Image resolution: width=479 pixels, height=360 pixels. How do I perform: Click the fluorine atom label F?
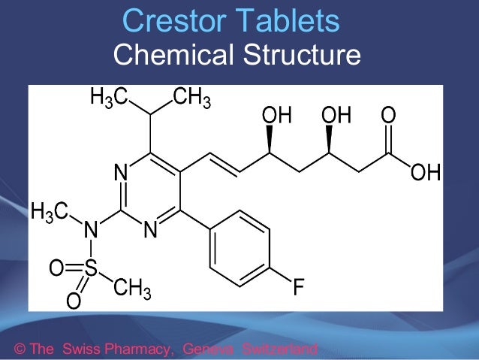click(299, 288)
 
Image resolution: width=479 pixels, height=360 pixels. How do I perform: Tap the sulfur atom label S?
click(91, 268)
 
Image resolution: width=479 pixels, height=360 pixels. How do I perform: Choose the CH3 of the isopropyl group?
click(191, 98)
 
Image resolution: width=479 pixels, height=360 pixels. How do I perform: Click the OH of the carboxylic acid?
click(425, 174)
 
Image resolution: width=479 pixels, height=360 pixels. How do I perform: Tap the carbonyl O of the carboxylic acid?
click(388, 116)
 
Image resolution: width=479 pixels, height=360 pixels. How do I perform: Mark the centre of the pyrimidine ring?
click(150, 192)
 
